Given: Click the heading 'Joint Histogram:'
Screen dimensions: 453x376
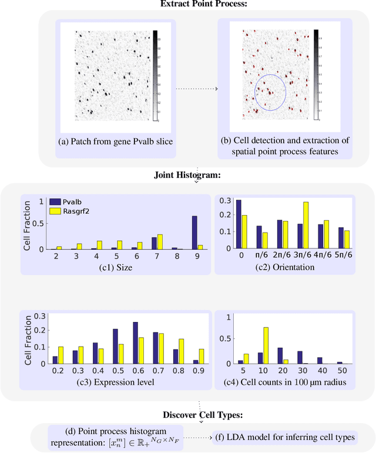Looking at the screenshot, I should (187, 175).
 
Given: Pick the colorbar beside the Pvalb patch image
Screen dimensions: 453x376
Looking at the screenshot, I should (155, 75).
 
